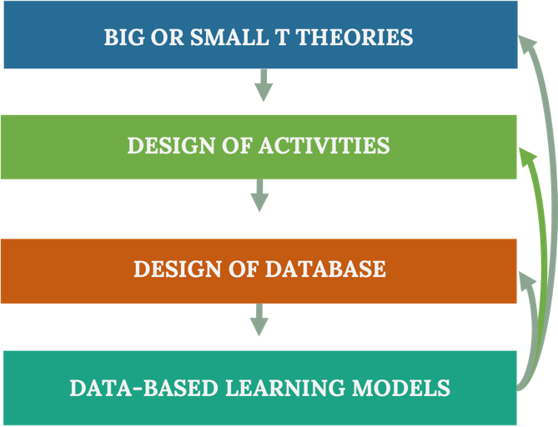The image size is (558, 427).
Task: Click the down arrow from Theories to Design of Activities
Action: click(264, 84)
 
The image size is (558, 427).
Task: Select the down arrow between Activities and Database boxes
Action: click(260, 197)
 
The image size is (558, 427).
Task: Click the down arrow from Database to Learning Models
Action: click(260, 319)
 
